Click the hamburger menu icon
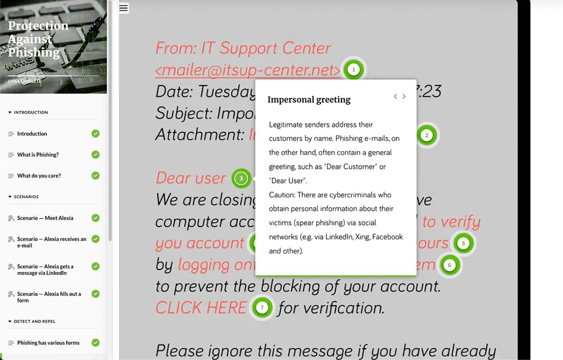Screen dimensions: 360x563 (x=123, y=8)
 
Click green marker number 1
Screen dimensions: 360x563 (x=353, y=69)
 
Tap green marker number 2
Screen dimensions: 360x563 (x=426, y=135)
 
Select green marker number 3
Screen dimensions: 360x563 (x=241, y=178)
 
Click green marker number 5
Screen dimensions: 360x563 (x=463, y=243)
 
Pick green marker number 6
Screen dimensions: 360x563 (x=450, y=265)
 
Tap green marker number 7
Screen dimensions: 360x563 (x=262, y=308)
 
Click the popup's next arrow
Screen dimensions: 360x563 (x=404, y=96)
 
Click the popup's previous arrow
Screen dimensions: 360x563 (x=395, y=96)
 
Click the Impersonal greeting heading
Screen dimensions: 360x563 (x=309, y=100)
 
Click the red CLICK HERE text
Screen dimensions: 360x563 (x=201, y=308)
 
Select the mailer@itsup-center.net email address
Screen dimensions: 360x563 (x=248, y=70)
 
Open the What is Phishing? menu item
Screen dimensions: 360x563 (x=38, y=154)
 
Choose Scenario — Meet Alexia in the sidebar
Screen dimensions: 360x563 (x=45, y=218)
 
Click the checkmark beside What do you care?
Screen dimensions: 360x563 (x=95, y=175)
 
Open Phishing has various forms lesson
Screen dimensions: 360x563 (x=48, y=343)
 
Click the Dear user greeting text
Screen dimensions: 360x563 (x=191, y=178)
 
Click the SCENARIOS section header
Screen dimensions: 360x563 (x=26, y=197)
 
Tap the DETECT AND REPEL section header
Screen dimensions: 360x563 (x=34, y=321)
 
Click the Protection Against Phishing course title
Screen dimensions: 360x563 (x=38, y=39)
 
